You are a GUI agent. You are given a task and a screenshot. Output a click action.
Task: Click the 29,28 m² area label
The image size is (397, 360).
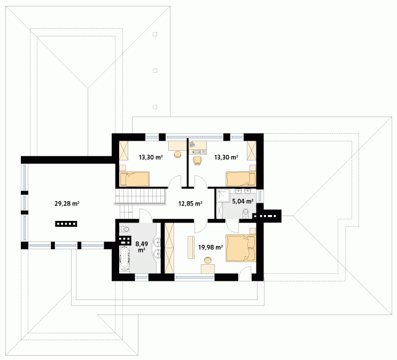[67, 203]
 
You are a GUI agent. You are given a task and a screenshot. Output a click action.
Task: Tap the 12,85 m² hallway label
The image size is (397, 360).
[190, 203]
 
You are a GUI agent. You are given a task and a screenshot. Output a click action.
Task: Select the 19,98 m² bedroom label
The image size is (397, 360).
[211, 247]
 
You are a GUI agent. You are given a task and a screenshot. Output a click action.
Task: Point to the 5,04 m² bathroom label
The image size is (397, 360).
[243, 201]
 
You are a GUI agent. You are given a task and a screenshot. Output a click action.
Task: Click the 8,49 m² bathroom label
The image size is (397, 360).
[142, 247]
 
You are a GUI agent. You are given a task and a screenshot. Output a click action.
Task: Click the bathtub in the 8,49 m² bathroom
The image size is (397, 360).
[124, 259]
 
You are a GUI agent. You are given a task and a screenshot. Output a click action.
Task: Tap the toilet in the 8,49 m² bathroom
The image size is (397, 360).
[124, 229]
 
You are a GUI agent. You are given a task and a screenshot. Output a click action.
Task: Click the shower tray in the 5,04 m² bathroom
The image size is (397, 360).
[223, 196]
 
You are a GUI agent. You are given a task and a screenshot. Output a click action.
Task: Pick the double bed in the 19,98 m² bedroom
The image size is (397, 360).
[240, 248]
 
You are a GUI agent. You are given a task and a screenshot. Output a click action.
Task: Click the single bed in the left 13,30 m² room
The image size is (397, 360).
[135, 179]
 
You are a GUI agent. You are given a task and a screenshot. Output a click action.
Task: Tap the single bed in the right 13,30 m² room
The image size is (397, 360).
[241, 179]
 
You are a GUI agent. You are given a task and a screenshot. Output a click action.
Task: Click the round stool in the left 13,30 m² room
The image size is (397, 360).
[178, 155]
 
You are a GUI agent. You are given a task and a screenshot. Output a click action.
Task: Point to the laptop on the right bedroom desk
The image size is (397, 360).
[192, 144]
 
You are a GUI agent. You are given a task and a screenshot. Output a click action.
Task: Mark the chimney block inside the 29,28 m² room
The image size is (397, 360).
[66, 224]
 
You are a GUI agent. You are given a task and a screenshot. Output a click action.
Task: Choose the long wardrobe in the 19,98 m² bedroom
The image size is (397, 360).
[169, 248]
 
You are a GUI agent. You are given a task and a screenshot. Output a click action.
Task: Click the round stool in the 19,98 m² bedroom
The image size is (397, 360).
[208, 261]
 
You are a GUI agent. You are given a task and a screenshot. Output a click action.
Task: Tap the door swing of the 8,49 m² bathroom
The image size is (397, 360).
[145, 214]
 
